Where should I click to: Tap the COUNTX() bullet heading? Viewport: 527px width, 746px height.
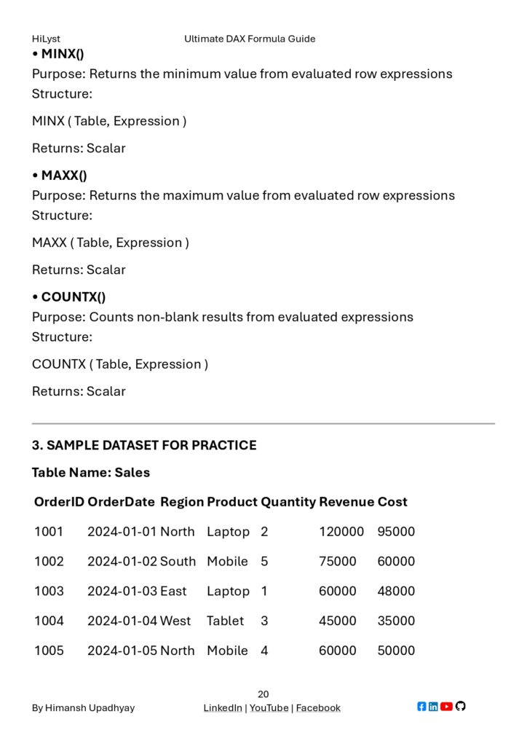[73, 297]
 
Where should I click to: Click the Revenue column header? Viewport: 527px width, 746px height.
[346, 502]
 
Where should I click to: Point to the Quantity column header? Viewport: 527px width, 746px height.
[288, 502]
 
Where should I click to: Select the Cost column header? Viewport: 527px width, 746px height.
[392, 502]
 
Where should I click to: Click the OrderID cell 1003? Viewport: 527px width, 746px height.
[49, 592]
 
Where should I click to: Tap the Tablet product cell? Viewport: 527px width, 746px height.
[226, 621]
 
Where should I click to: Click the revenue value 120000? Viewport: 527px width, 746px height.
[341, 532]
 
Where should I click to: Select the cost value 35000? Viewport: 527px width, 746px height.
[396, 621]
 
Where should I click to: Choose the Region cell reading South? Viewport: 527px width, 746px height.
[178, 562]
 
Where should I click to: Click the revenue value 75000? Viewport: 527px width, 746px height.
[338, 562]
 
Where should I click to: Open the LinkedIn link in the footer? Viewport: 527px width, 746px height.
[223, 708]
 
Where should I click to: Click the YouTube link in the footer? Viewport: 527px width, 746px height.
[269, 708]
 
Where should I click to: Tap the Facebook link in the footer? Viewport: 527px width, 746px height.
[318, 708]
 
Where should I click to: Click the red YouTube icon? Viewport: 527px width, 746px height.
[446, 707]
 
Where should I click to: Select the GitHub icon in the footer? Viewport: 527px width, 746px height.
[460, 707]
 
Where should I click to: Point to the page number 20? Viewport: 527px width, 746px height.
[263, 694]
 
